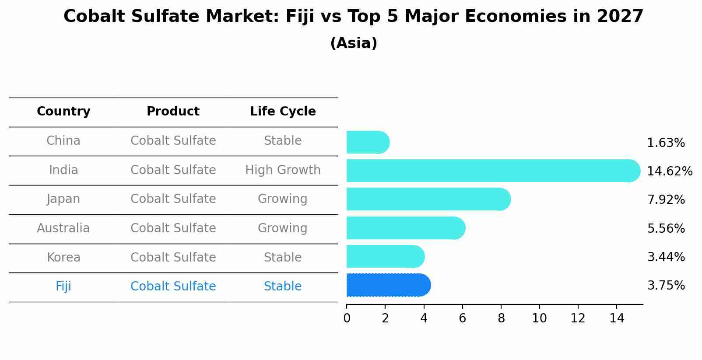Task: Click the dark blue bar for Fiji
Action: (x=388, y=285)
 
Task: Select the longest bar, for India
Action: (x=493, y=171)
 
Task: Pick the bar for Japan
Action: (x=428, y=199)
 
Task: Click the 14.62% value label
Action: (x=669, y=171)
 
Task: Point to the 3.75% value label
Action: (x=666, y=286)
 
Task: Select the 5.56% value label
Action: (x=666, y=228)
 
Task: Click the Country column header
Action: (x=63, y=112)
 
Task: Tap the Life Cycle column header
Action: (x=283, y=112)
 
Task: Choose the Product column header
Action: (x=173, y=112)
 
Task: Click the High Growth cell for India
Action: (x=283, y=170)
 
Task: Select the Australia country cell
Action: (x=63, y=228)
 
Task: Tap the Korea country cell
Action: (x=63, y=257)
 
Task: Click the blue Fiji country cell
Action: (x=63, y=286)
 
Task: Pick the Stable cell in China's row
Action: (x=283, y=141)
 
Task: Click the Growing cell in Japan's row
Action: (x=283, y=199)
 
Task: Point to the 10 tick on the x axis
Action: (x=539, y=318)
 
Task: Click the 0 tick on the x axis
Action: (x=347, y=318)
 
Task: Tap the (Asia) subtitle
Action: (x=354, y=43)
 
